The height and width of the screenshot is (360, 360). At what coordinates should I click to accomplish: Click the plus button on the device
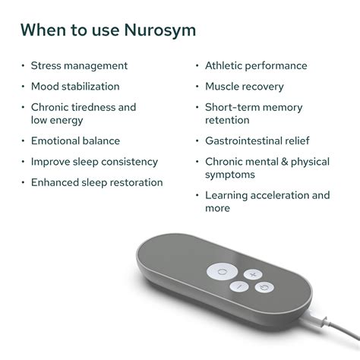254,273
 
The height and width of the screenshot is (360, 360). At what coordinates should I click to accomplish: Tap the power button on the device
262,287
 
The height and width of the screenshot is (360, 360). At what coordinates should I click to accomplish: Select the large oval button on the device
222,272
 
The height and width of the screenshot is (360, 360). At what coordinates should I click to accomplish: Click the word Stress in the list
47,66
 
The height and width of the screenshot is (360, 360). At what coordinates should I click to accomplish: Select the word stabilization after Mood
90,87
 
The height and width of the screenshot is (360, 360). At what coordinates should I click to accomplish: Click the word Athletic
226,66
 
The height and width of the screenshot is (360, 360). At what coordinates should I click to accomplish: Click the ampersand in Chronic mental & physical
286,162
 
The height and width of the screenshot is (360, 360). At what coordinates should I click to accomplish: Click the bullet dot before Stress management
23,66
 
